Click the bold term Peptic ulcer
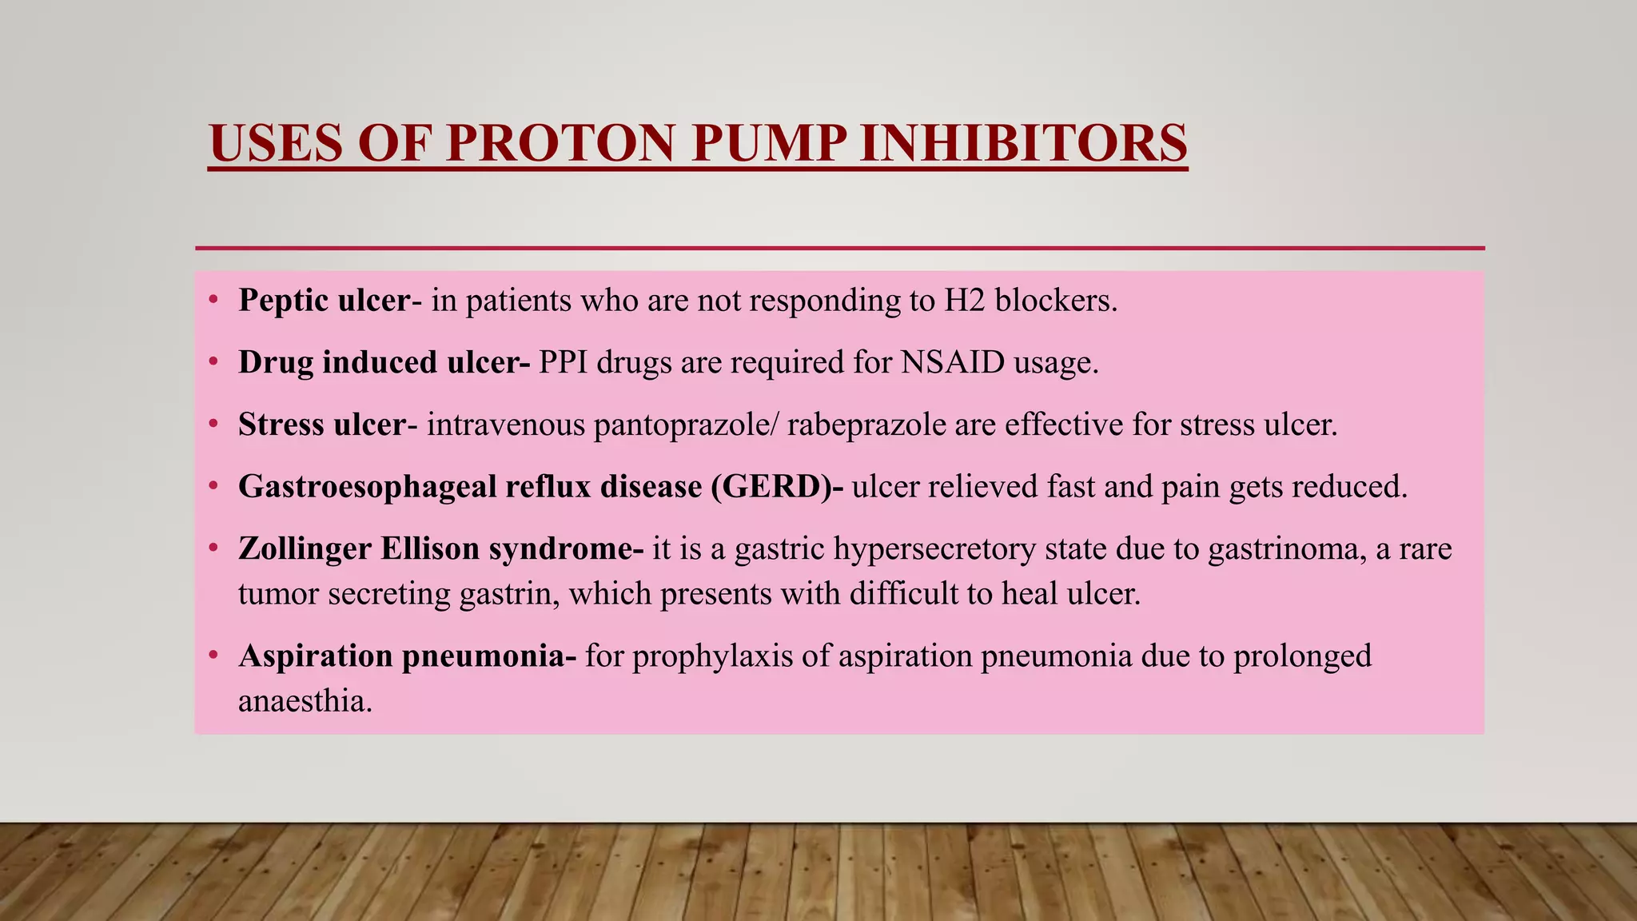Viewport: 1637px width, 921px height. [x=324, y=301]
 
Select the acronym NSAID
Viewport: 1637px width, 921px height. [x=952, y=362]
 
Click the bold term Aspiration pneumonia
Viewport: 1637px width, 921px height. [x=405, y=656]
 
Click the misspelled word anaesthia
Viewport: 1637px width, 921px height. [x=305, y=701]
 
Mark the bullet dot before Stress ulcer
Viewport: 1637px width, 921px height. [x=213, y=425]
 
